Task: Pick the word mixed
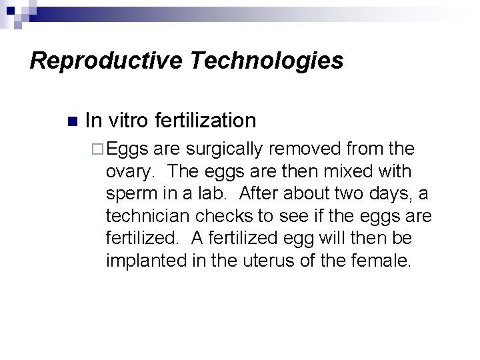(x=349, y=172)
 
